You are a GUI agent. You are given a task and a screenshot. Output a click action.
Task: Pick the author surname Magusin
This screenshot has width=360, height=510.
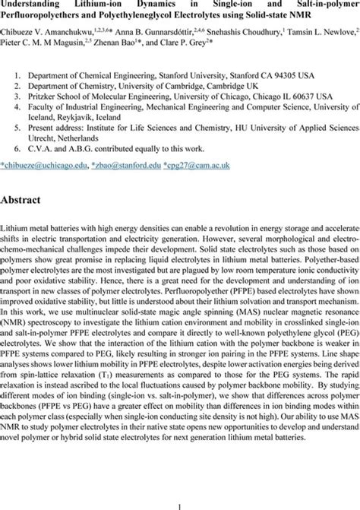(80, 44)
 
